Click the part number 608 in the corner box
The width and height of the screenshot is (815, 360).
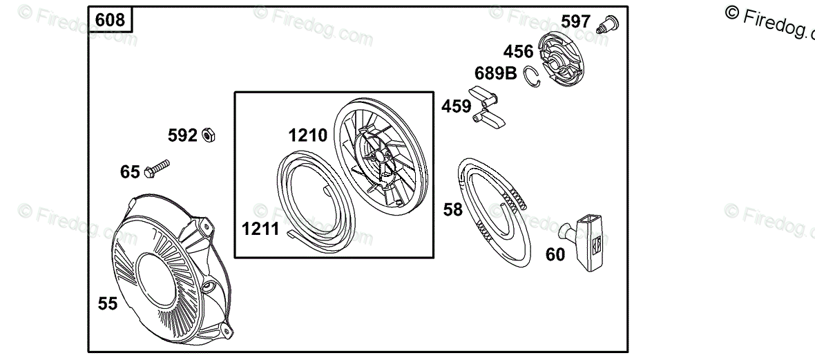click(x=111, y=20)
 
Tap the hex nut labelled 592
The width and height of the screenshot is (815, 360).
click(x=209, y=135)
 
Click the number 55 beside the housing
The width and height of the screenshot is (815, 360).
click(x=108, y=303)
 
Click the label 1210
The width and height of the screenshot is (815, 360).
click(x=308, y=135)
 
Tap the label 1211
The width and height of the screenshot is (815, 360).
click(x=260, y=229)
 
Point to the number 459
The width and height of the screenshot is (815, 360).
click(x=456, y=106)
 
